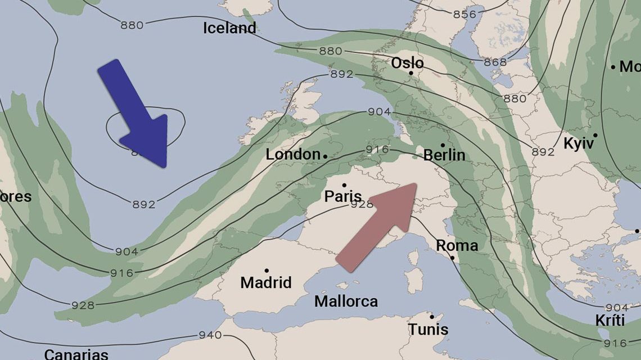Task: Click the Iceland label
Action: (229, 28)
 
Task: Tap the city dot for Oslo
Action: (411, 73)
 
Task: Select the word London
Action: (292, 155)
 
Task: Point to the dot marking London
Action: (325, 155)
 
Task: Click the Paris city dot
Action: (344, 185)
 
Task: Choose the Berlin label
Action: (444, 155)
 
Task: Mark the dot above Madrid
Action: (267, 271)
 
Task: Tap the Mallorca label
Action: (346, 301)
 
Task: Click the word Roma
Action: (457, 246)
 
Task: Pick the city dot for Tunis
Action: (432, 316)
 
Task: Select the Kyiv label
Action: (579, 143)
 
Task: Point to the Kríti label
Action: (610, 321)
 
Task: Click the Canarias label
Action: (76, 355)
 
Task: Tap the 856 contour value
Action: (464, 14)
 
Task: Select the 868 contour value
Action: (495, 62)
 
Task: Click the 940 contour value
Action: (210, 335)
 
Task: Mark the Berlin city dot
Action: (443, 145)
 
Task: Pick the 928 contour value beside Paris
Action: (362, 204)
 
